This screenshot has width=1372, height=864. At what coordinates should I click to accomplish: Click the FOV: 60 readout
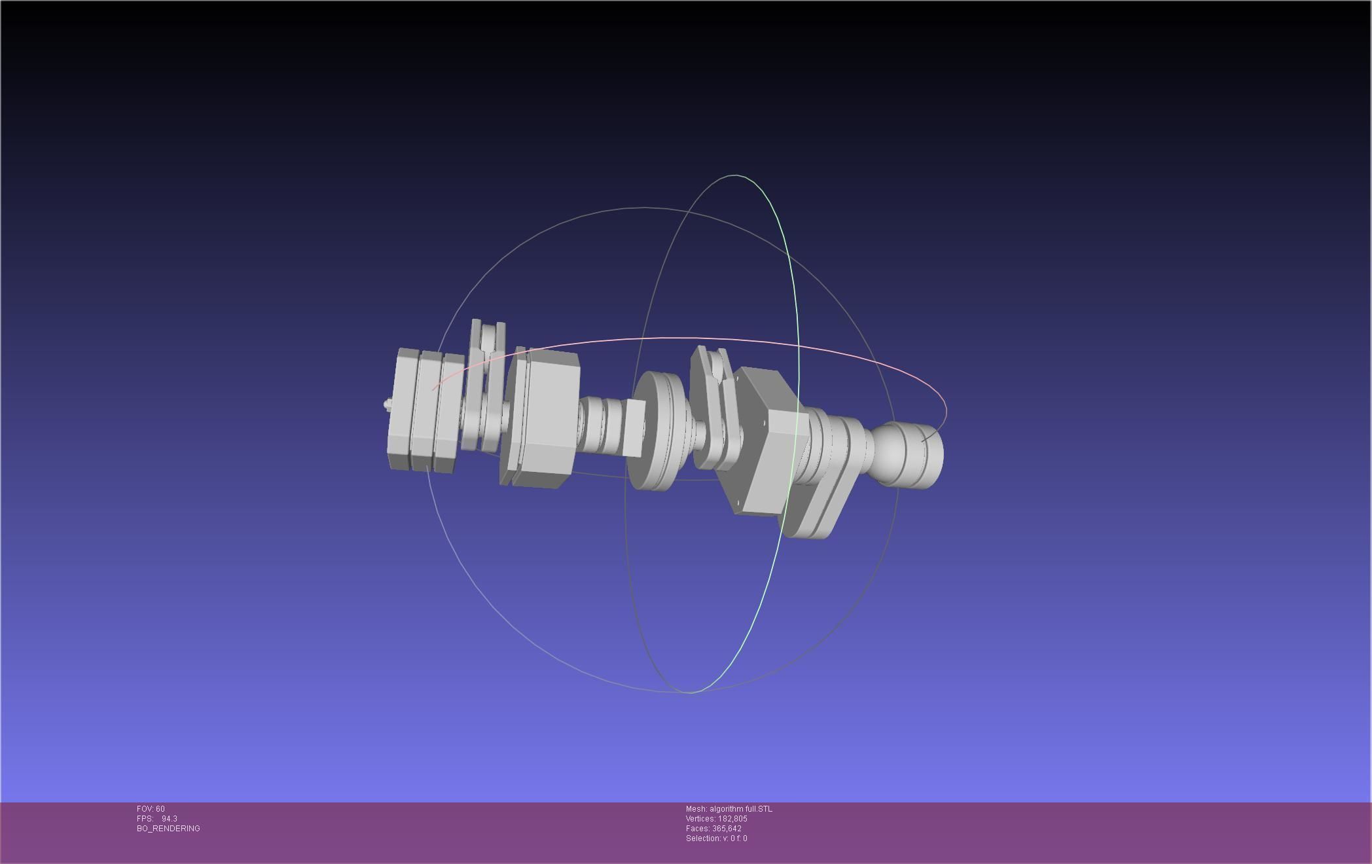point(151,809)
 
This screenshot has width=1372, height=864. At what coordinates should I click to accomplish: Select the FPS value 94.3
point(169,819)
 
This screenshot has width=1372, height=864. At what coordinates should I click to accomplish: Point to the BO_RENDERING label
point(168,829)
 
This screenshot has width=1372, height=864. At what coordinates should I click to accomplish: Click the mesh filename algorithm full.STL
point(740,809)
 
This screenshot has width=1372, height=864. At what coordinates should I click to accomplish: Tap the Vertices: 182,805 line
point(716,819)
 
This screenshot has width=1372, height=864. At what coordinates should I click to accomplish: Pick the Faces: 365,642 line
point(713,829)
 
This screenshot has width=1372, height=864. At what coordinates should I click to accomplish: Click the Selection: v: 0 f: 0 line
point(716,838)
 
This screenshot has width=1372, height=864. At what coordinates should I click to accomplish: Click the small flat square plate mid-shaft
point(634,427)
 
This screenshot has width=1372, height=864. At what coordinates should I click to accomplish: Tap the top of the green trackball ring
point(736,175)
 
